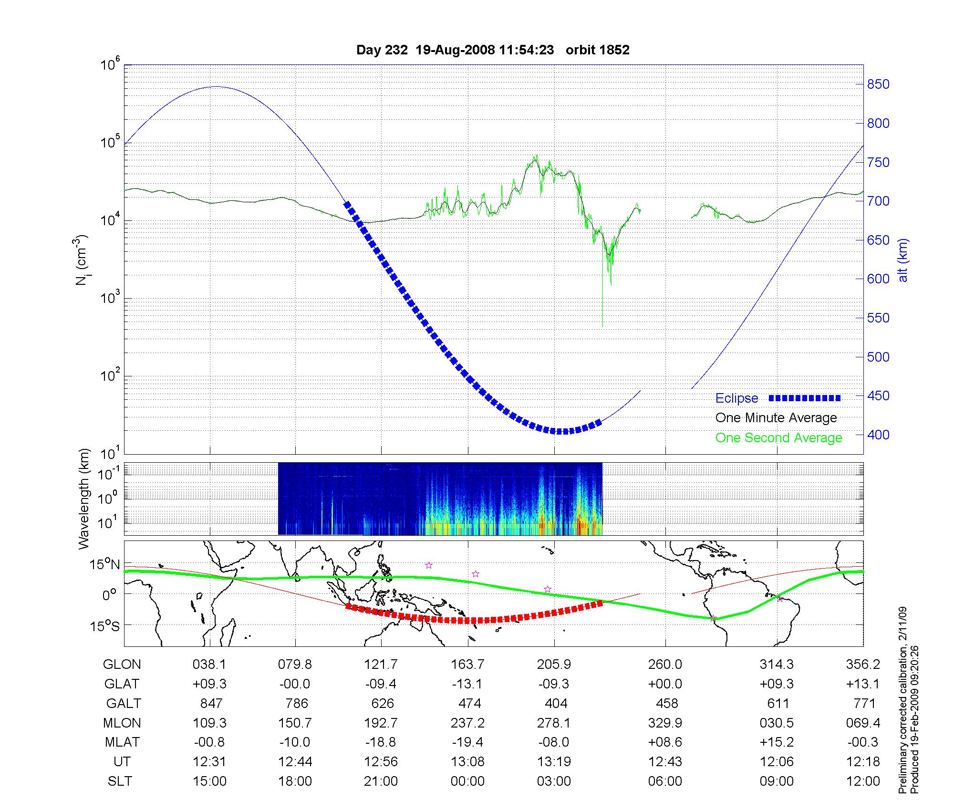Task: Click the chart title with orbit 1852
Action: click(x=493, y=50)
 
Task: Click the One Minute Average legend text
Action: click(x=776, y=418)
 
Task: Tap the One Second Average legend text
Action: click(x=778, y=438)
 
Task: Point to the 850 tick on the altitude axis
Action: click(x=878, y=84)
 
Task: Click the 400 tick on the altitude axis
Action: click(x=878, y=435)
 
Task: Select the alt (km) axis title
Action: click(x=903, y=260)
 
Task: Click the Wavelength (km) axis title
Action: click(x=84, y=499)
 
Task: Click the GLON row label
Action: click(x=122, y=665)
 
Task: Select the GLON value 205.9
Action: click(x=554, y=665)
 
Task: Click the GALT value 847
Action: click(x=211, y=704)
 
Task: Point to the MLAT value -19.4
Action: click(x=467, y=743)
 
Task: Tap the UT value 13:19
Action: click(x=554, y=762)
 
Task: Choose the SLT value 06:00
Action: click(x=665, y=781)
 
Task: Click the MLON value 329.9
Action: click(x=665, y=723)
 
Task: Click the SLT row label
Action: click(x=120, y=781)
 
